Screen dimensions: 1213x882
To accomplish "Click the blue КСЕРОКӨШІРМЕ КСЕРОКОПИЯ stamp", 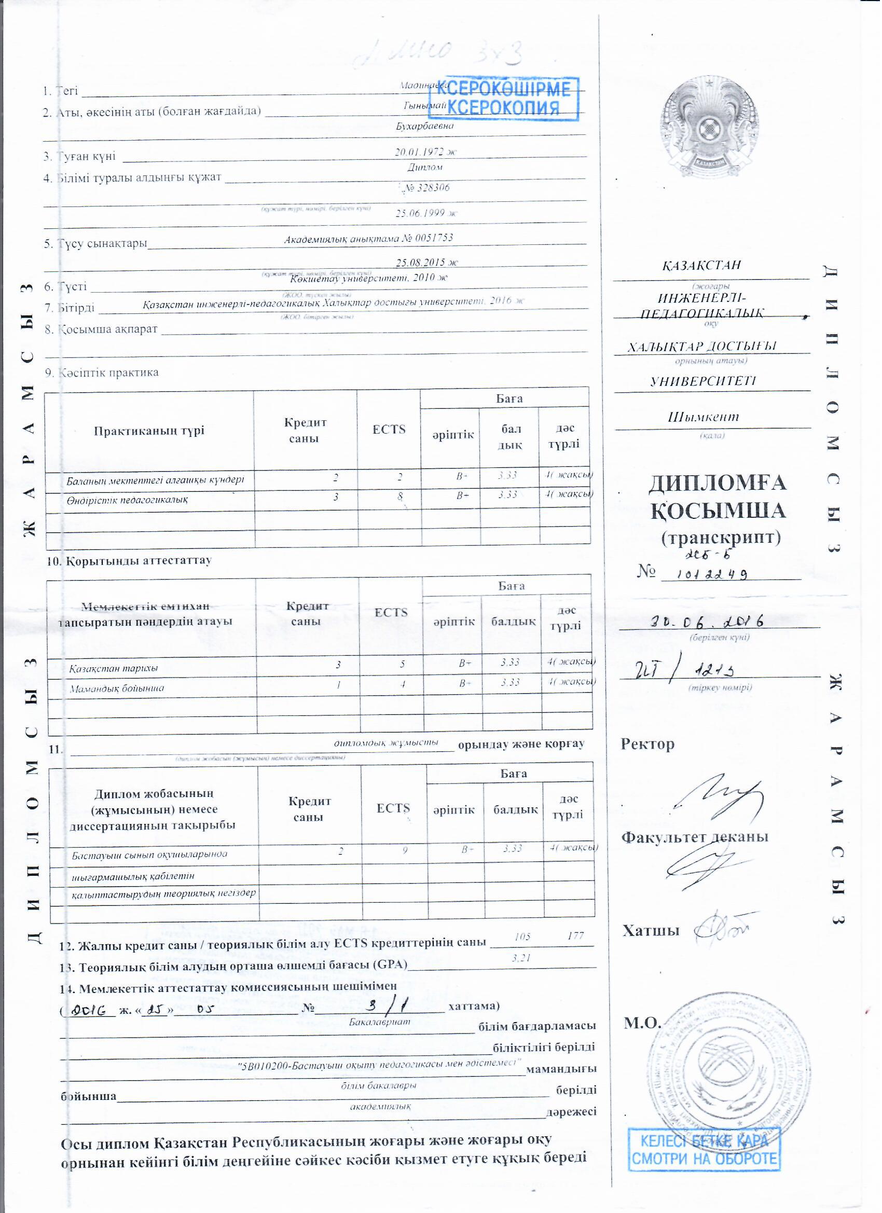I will tap(511, 98).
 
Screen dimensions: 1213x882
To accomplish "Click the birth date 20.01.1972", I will tap(426, 151).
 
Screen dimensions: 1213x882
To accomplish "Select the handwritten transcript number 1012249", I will tap(711, 574).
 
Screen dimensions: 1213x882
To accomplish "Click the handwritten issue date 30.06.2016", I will tap(706, 622).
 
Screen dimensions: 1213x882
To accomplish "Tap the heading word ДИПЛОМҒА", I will tap(717, 483).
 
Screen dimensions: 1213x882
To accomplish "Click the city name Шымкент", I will tap(704, 417).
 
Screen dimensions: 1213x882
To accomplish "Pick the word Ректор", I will tap(647, 744).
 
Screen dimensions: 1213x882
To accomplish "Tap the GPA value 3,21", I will tap(521, 958).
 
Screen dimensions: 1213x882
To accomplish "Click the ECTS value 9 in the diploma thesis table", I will tap(405, 850).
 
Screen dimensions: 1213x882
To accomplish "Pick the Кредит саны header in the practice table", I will tap(305, 431).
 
